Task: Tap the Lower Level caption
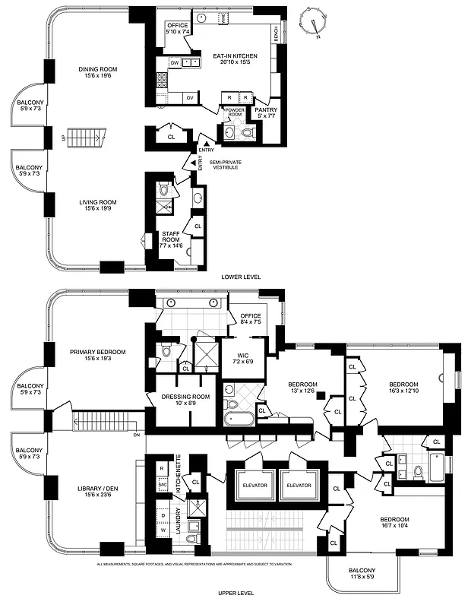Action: (x=240, y=277)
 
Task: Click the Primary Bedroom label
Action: (x=97, y=355)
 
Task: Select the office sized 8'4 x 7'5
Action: (x=251, y=319)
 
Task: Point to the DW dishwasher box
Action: (x=174, y=63)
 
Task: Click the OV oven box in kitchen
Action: (x=190, y=97)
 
